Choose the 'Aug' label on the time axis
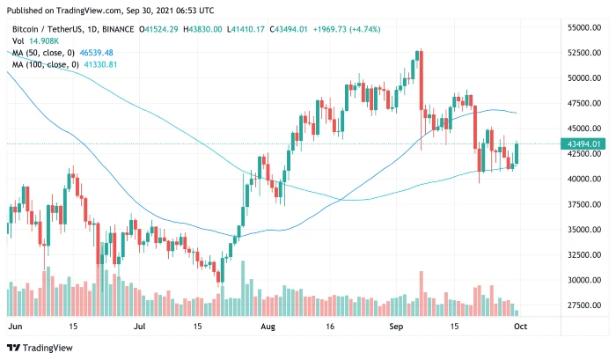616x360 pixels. click(x=268, y=326)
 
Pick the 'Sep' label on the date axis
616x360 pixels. click(x=396, y=326)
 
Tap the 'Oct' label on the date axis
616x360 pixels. click(x=520, y=326)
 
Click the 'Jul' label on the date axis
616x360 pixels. click(x=140, y=326)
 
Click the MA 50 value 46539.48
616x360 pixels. click(x=98, y=52)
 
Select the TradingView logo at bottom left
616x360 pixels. click(x=40, y=346)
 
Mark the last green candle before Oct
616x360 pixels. click(x=516, y=153)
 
